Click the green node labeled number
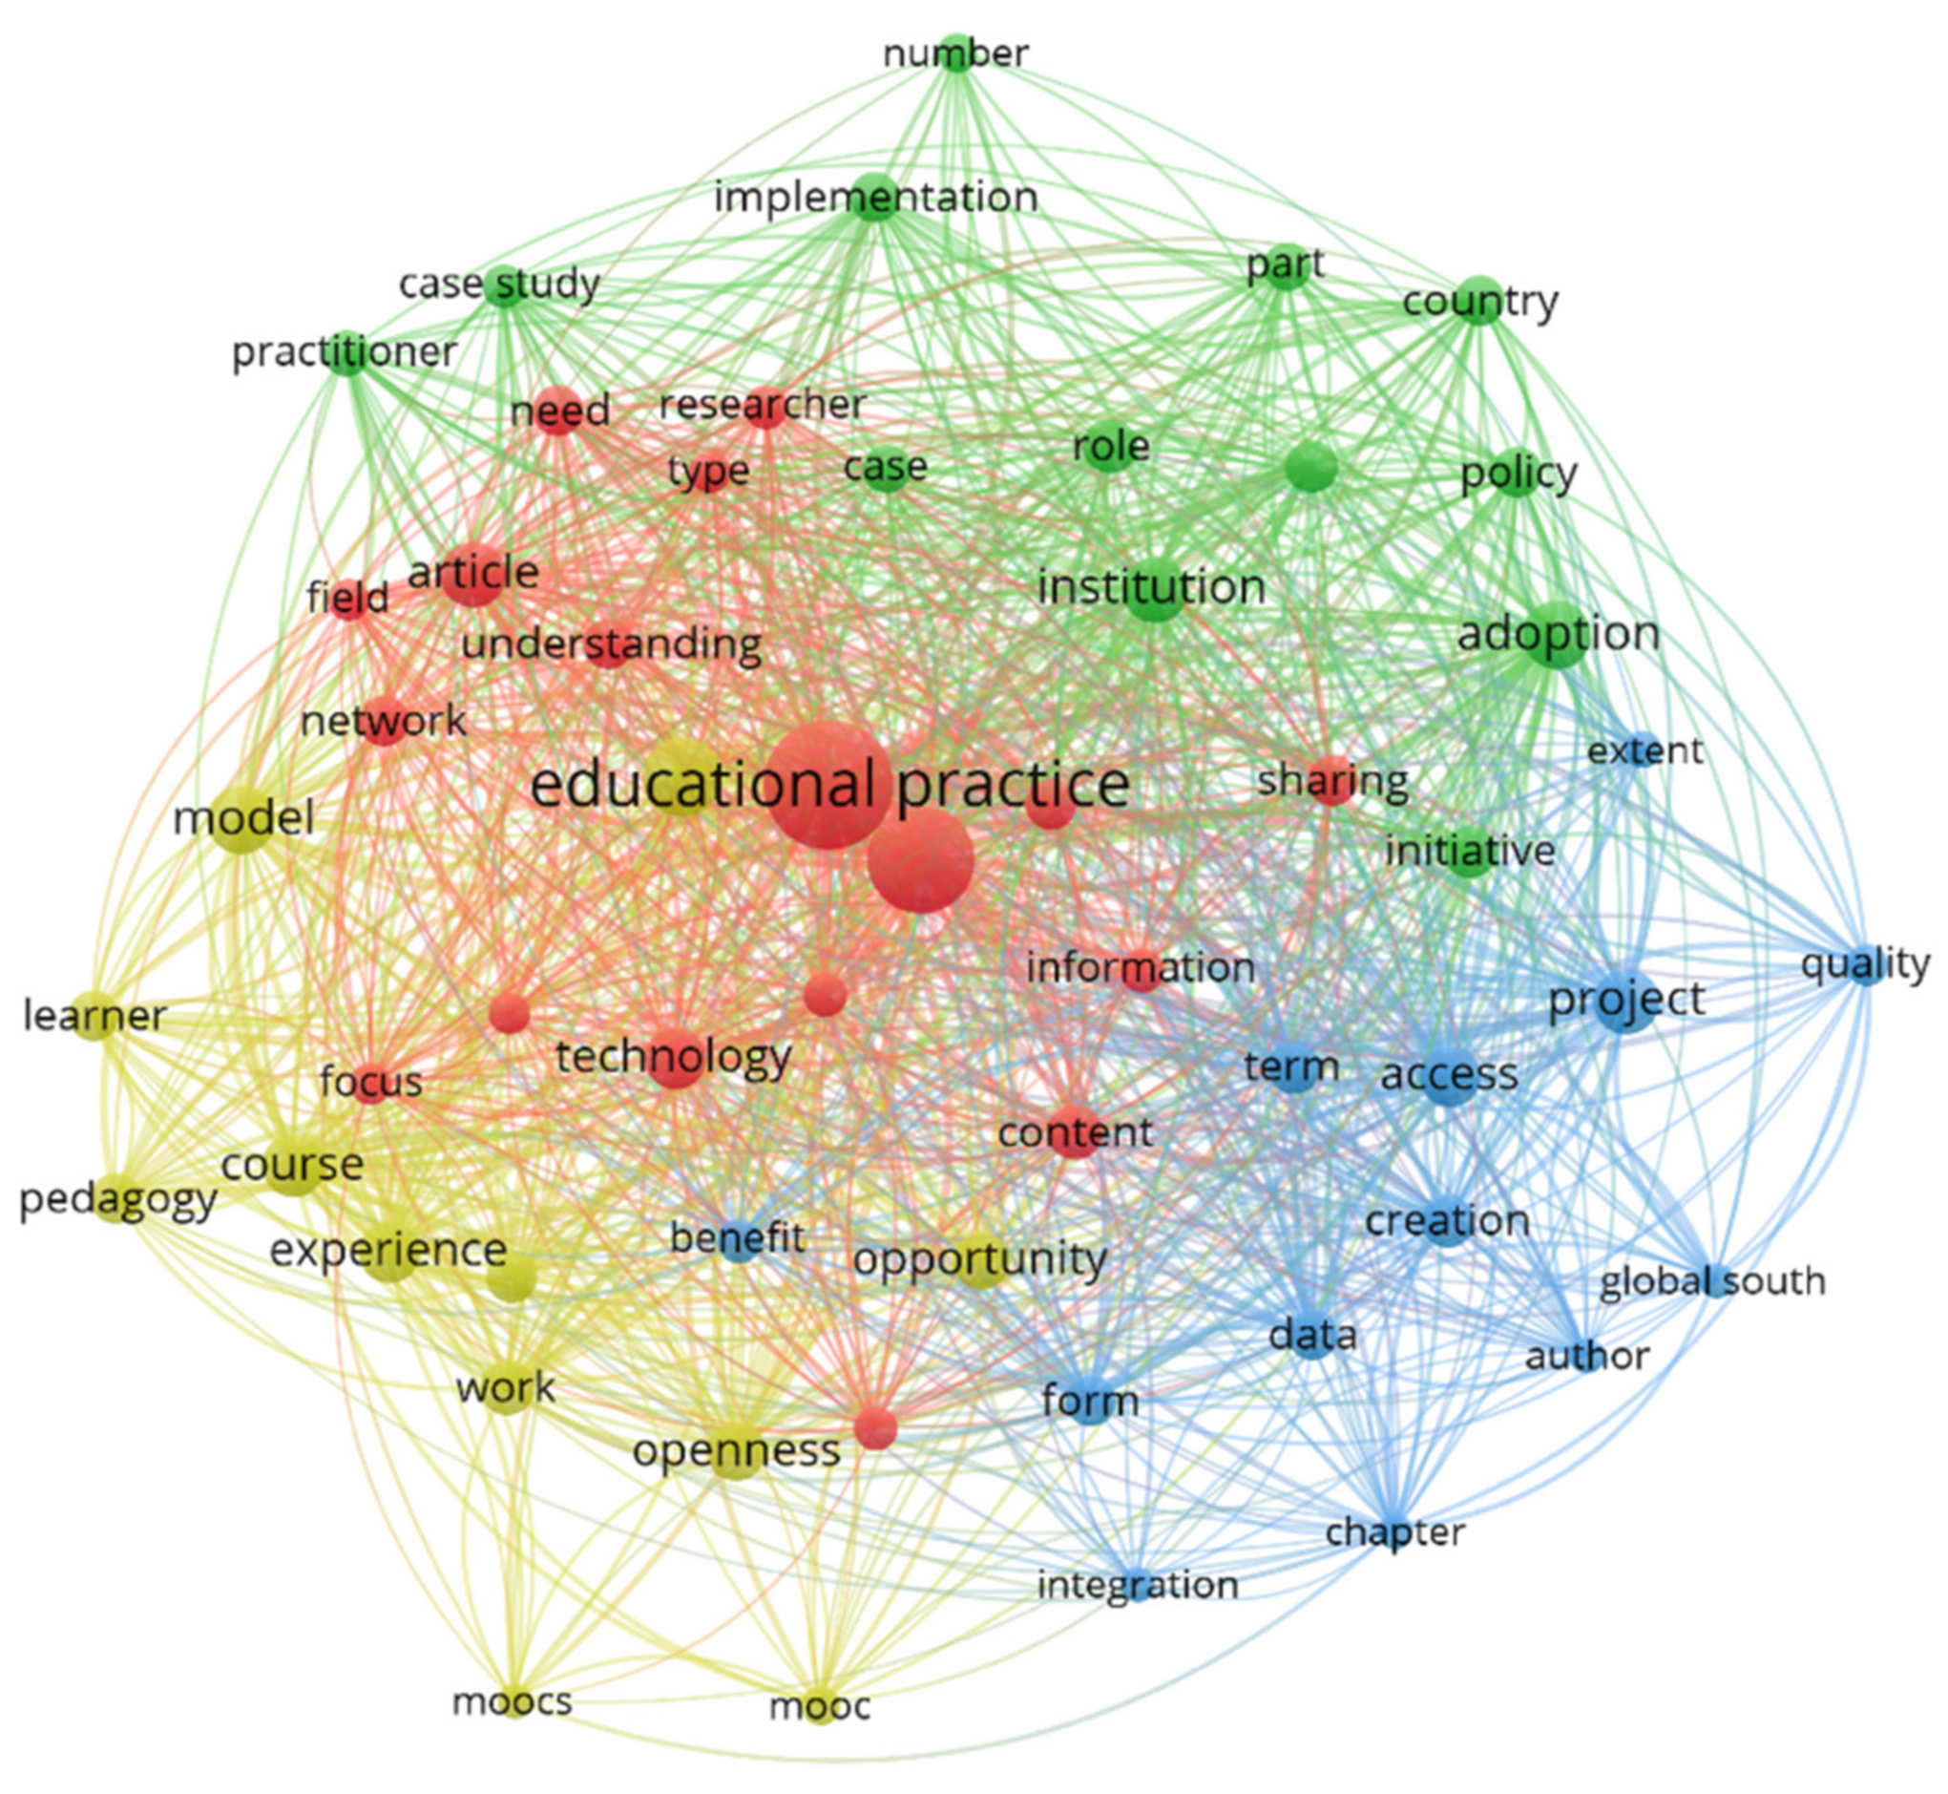point(956,53)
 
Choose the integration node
point(1138,1585)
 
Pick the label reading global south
point(1712,1281)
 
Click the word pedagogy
point(118,1200)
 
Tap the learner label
point(95,1017)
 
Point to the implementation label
point(875,197)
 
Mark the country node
point(1478,301)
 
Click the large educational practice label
point(828,785)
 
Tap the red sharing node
point(1331,780)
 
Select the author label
point(1587,1356)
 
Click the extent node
point(1644,750)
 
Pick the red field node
point(348,598)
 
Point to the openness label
point(736,1451)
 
